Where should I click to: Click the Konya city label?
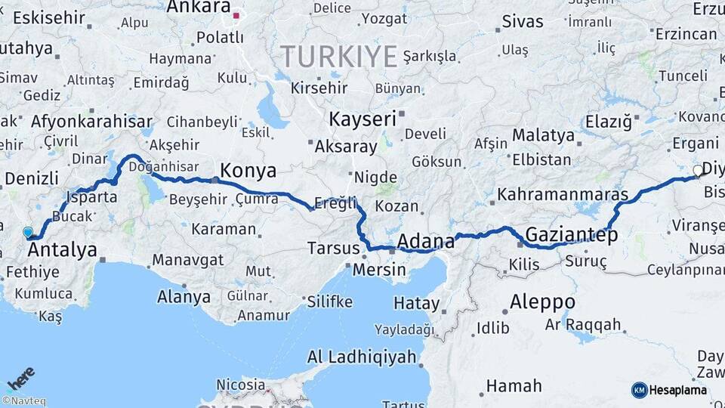click(x=248, y=169)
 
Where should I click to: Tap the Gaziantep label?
click(x=572, y=234)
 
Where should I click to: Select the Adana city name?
click(x=426, y=242)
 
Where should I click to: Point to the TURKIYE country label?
click(x=339, y=56)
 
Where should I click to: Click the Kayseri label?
click(x=362, y=119)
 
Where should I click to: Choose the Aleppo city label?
click(x=542, y=301)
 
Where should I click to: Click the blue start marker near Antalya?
click(x=29, y=233)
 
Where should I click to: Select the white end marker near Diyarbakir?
click(x=698, y=171)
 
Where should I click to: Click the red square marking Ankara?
click(x=236, y=15)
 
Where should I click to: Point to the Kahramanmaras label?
click(x=563, y=195)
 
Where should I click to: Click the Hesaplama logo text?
click(x=678, y=390)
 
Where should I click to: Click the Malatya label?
click(x=544, y=136)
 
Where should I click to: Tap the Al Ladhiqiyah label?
click(x=362, y=357)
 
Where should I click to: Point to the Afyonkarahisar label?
click(x=91, y=121)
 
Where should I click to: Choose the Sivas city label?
click(x=523, y=21)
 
